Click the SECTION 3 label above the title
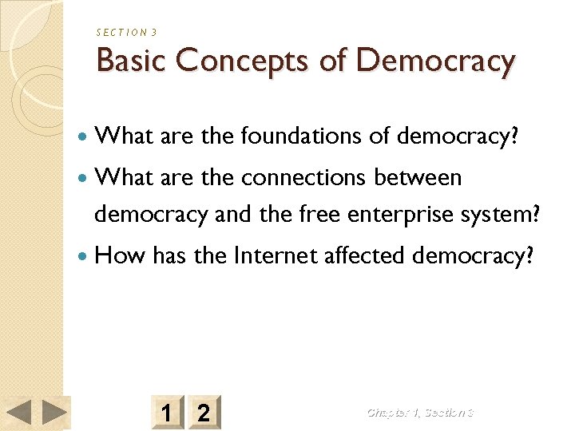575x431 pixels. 126,32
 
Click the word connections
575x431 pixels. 304,176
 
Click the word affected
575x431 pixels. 363,255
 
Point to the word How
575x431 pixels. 120,255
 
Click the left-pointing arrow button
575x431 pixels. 19,413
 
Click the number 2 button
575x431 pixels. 204,413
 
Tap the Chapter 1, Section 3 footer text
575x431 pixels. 420,413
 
